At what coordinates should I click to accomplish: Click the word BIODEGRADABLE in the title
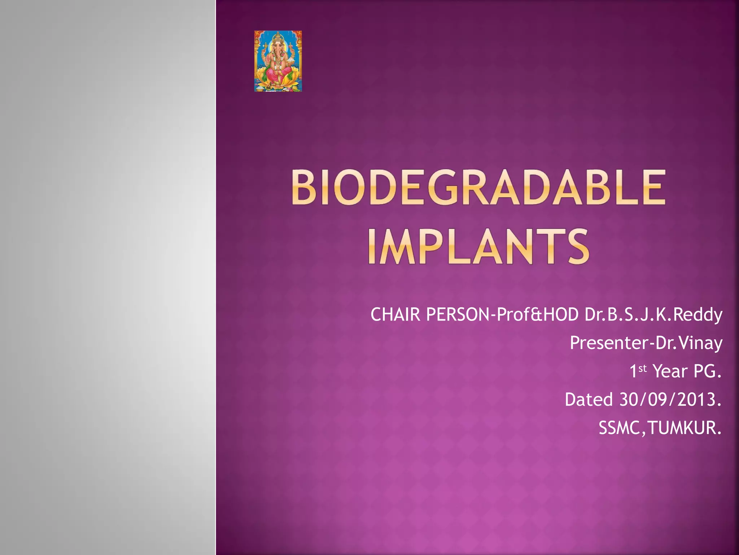[478, 188]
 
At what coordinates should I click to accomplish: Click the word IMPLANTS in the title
[478, 247]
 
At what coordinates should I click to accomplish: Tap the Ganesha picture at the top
[278, 61]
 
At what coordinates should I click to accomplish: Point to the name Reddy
[698, 315]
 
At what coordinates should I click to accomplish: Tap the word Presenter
[609, 343]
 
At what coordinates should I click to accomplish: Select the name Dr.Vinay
[689, 343]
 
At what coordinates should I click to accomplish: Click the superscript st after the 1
[643, 369]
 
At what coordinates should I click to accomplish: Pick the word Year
[670, 371]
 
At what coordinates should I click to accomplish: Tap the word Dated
[589, 400]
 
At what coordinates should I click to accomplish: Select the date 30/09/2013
[670, 400]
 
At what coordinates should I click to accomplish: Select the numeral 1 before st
[633, 371]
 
